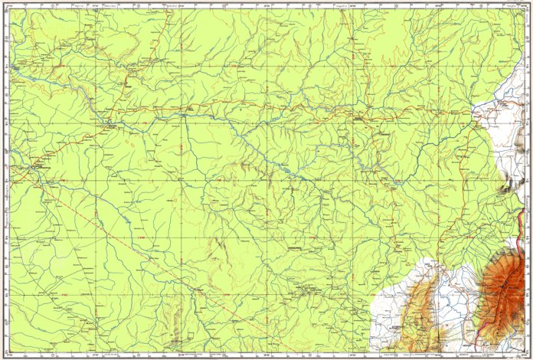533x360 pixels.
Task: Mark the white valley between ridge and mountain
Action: (459, 306)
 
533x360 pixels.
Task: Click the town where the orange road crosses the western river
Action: (113, 125)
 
